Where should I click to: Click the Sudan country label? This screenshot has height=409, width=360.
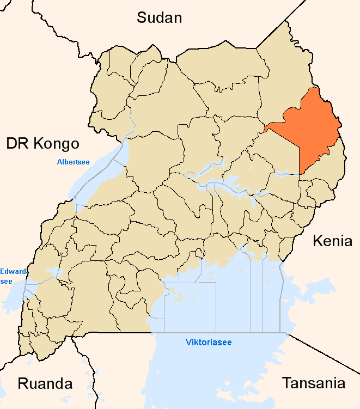(x=159, y=17)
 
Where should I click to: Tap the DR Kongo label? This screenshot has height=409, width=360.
(x=43, y=144)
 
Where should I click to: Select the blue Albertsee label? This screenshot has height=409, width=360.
(x=74, y=162)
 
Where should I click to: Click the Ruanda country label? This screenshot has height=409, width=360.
(x=45, y=383)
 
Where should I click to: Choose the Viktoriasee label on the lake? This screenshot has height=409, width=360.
(x=209, y=343)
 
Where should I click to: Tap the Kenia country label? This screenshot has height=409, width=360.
(x=332, y=241)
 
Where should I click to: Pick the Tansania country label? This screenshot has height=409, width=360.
(x=313, y=383)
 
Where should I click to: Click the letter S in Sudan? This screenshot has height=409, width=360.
(x=141, y=17)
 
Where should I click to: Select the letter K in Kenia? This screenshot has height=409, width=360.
(x=317, y=241)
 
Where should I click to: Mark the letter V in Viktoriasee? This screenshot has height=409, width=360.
(x=188, y=343)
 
